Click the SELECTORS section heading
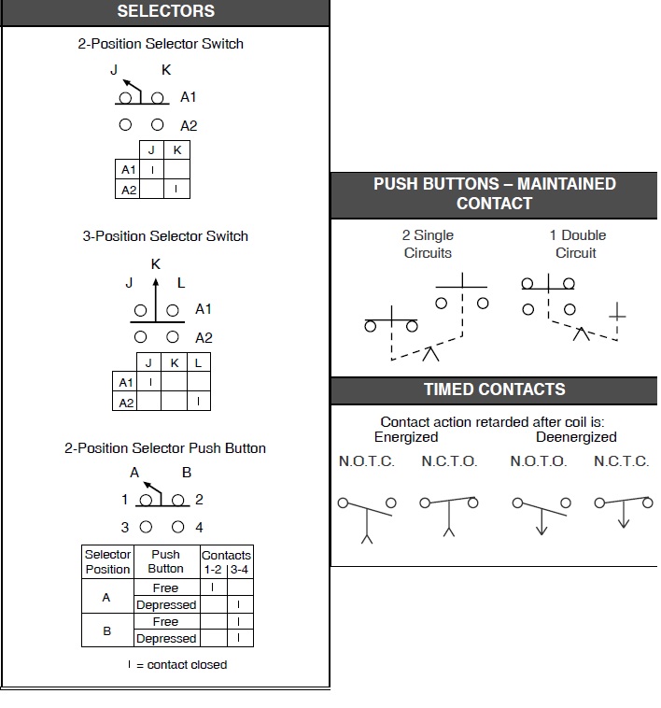click(x=165, y=12)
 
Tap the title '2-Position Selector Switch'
click(x=161, y=44)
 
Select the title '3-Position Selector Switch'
click(x=165, y=236)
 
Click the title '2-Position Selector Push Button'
click(x=165, y=448)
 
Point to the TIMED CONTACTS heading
click(x=494, y=389)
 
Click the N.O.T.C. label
click(x=366, y=461)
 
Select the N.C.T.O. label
click(x=449, y=461)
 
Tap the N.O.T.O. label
click(x=538, y=461)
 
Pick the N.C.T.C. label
click(x=621, y=461)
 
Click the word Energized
click(x=406, y=437)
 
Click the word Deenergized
click(x=576, y=437)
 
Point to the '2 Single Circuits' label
click(x=428, y=244)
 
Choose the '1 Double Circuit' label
click(x=577, y=244)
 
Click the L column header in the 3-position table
click(x=198, y=362)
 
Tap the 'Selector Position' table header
click(x=108, y=561)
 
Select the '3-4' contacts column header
click(x=240, y=569)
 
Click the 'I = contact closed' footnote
click(x=177, y=665)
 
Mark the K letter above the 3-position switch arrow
click(x=156, y=264)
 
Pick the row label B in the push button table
click(x=106, y=630)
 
